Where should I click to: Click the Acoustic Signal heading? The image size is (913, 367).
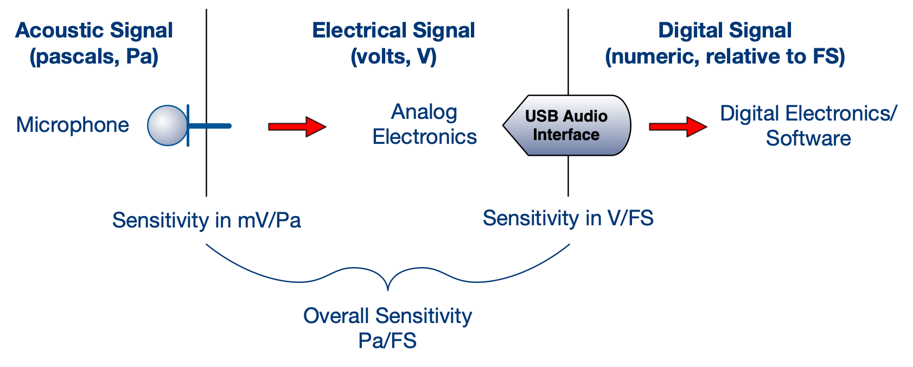(94, 30)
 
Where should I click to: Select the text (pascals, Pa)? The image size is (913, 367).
(94, 56)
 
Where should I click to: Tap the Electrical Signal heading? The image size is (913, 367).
(393, 30)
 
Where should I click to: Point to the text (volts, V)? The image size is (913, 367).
(393, 56)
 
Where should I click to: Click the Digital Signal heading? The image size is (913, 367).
(725, 30)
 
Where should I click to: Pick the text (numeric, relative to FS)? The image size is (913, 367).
(725, 56)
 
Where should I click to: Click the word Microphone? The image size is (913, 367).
(73, 125)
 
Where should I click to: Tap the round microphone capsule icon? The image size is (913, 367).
(167, 125)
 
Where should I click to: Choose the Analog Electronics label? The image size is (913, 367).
(424, 124)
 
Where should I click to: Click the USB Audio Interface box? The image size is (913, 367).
(567, 125)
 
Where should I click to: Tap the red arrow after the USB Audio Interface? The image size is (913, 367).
(678, 126)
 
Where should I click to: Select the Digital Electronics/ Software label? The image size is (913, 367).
(808, 125)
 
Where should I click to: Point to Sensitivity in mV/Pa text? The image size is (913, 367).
(206, 220)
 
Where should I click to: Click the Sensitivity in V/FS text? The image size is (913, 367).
(568, 218)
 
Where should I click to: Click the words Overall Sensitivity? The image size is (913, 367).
(387, 315)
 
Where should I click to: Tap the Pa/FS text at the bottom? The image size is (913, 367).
(387, 340)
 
